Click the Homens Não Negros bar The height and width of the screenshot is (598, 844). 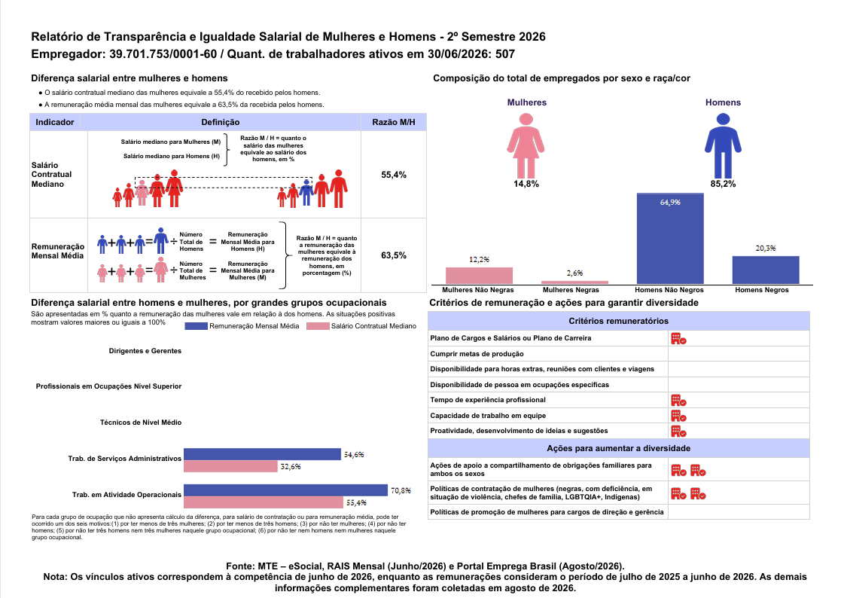pyautogui.click(x=670, y=239)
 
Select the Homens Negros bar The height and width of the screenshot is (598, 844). pyautogui.click(x=766, y=270)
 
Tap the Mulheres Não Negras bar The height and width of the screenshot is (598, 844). pyautogui.click(x=479, y=276)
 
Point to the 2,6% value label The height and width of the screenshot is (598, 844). pyautogui.click(x=575, y=273)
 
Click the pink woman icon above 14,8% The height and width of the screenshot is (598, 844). pyautogui.click(x=526, y=145)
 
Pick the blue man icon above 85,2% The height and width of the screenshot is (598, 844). pyautogui.click(x=723, y=145)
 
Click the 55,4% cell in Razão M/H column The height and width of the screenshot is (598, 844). pyautogui.click(x=394, y=175)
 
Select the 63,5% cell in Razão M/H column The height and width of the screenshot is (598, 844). pyautogui.click(x=394, y=255)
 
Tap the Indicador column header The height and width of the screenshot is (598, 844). pyautogui.click(x=55, y=122)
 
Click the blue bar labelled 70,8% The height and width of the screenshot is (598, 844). pyautogui.click(x=286, y=490)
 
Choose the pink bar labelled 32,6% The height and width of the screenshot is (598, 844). pyautogui.click(x=230, y=466)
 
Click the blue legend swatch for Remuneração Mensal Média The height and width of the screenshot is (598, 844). pyautogui.click(x=196, y=325)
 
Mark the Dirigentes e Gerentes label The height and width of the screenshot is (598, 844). pyautogui.click(x=145, y=351)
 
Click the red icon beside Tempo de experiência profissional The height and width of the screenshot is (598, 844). pyautogui.click(x=678, y=401)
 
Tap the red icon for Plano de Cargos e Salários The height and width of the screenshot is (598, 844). pyautogui.click(x=678, y=339)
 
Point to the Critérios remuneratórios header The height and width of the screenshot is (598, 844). pyautogui.click(x=618, y=321)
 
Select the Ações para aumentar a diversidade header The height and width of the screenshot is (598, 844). pyautogui.click(x=618, y=448)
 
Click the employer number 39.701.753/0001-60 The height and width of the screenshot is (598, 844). pyautogui.click(x=163, y=53)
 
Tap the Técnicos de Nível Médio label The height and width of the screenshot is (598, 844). pyautogui.click(x=141, y=423)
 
